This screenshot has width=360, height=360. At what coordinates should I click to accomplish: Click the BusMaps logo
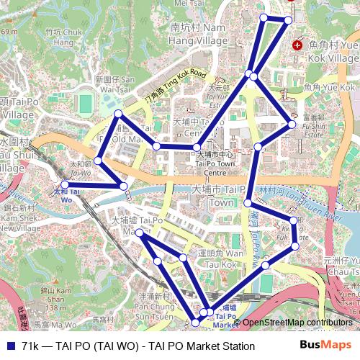coord(325,345)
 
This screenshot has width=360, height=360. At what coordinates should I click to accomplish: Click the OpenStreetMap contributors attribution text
coord(297,323)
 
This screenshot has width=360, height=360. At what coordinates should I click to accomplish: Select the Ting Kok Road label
coord(175,86)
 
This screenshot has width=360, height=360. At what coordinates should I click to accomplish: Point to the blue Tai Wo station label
coord(65,195)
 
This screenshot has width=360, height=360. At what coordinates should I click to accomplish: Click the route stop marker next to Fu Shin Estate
coord(292,125)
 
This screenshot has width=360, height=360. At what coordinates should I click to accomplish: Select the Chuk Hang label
coord(63,36)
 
